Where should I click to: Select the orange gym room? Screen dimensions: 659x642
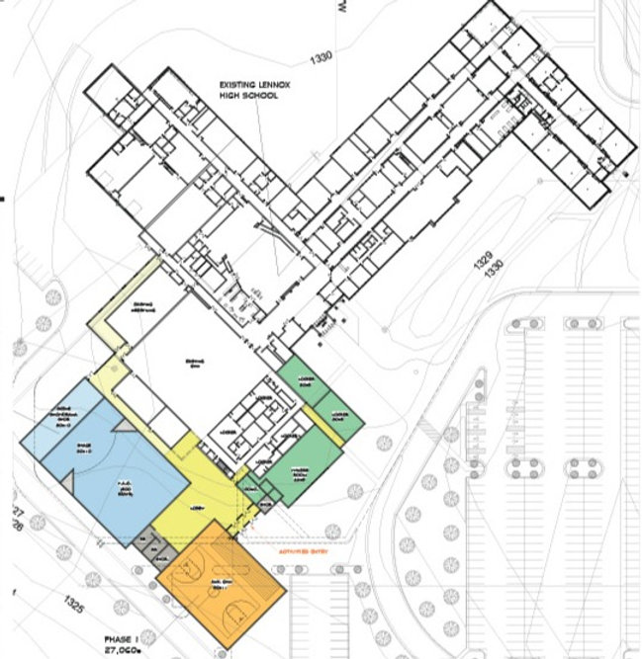(x=223, y=583)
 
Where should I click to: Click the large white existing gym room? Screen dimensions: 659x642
(x=198, y=366)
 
